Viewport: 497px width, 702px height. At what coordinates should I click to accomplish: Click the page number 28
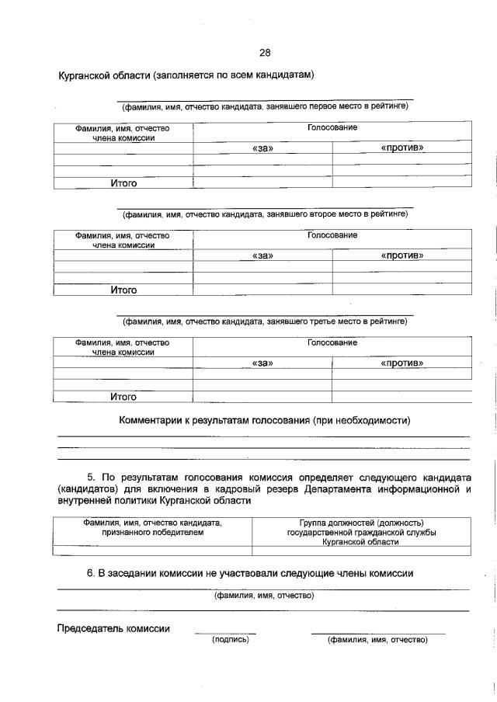pos(264,54)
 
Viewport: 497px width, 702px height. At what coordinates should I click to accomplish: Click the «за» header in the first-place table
pos(263,148)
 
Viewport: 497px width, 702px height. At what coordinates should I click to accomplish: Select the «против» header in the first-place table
pos(401,148)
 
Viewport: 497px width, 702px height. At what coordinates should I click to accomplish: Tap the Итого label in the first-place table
pos(123,183)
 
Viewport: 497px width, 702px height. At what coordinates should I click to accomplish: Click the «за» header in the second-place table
pos(263,255)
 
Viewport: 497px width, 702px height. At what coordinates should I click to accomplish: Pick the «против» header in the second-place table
pos(401,255)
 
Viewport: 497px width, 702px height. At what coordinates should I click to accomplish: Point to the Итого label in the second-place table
pos(123,290)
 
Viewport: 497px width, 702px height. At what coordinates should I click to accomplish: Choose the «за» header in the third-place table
pos(263,362)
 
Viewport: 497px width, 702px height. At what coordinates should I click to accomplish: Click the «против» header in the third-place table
pos(401,362)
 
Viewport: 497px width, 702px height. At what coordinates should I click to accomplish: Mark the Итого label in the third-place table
pos(123,397)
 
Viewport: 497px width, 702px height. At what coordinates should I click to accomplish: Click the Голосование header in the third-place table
pos(332,342)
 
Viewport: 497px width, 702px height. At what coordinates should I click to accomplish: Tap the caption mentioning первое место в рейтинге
pos(265,105)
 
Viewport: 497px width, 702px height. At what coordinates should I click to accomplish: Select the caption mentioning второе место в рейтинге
pos(265,212)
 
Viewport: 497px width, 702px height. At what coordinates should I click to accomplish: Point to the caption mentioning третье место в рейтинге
pos(265,319)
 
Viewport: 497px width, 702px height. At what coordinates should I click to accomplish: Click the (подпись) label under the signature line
pos(231,640)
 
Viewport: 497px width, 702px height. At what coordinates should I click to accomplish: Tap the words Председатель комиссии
pos(113,628)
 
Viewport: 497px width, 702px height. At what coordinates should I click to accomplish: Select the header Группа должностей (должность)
pos(361,523)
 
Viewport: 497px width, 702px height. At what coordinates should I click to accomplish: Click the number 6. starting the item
pos(90,573)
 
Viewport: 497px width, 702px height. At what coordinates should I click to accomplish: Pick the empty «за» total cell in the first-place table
pos(262,183)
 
